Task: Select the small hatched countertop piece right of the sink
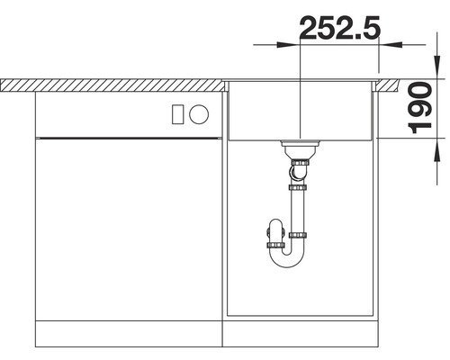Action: pyautogui.click(x=387, y=84)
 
